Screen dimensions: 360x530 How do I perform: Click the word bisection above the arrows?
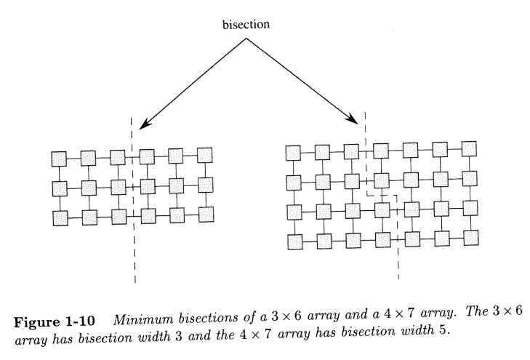[x=246, y=25]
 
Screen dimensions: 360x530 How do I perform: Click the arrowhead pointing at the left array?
[x=144, y=123]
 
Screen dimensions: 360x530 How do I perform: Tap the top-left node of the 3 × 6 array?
[x=60, y=159]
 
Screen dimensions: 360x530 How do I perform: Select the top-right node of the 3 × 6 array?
[x=205, y=154]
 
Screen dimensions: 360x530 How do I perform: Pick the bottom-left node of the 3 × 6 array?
[x=60, y=217]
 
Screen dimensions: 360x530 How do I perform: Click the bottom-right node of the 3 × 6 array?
[x=207, y=214]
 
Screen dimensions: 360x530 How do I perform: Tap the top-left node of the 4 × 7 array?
[x=293, y=153]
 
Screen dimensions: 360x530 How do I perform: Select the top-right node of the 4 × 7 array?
[x=470, y=148]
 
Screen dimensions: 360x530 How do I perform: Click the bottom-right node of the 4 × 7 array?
[x=472, y=236]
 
